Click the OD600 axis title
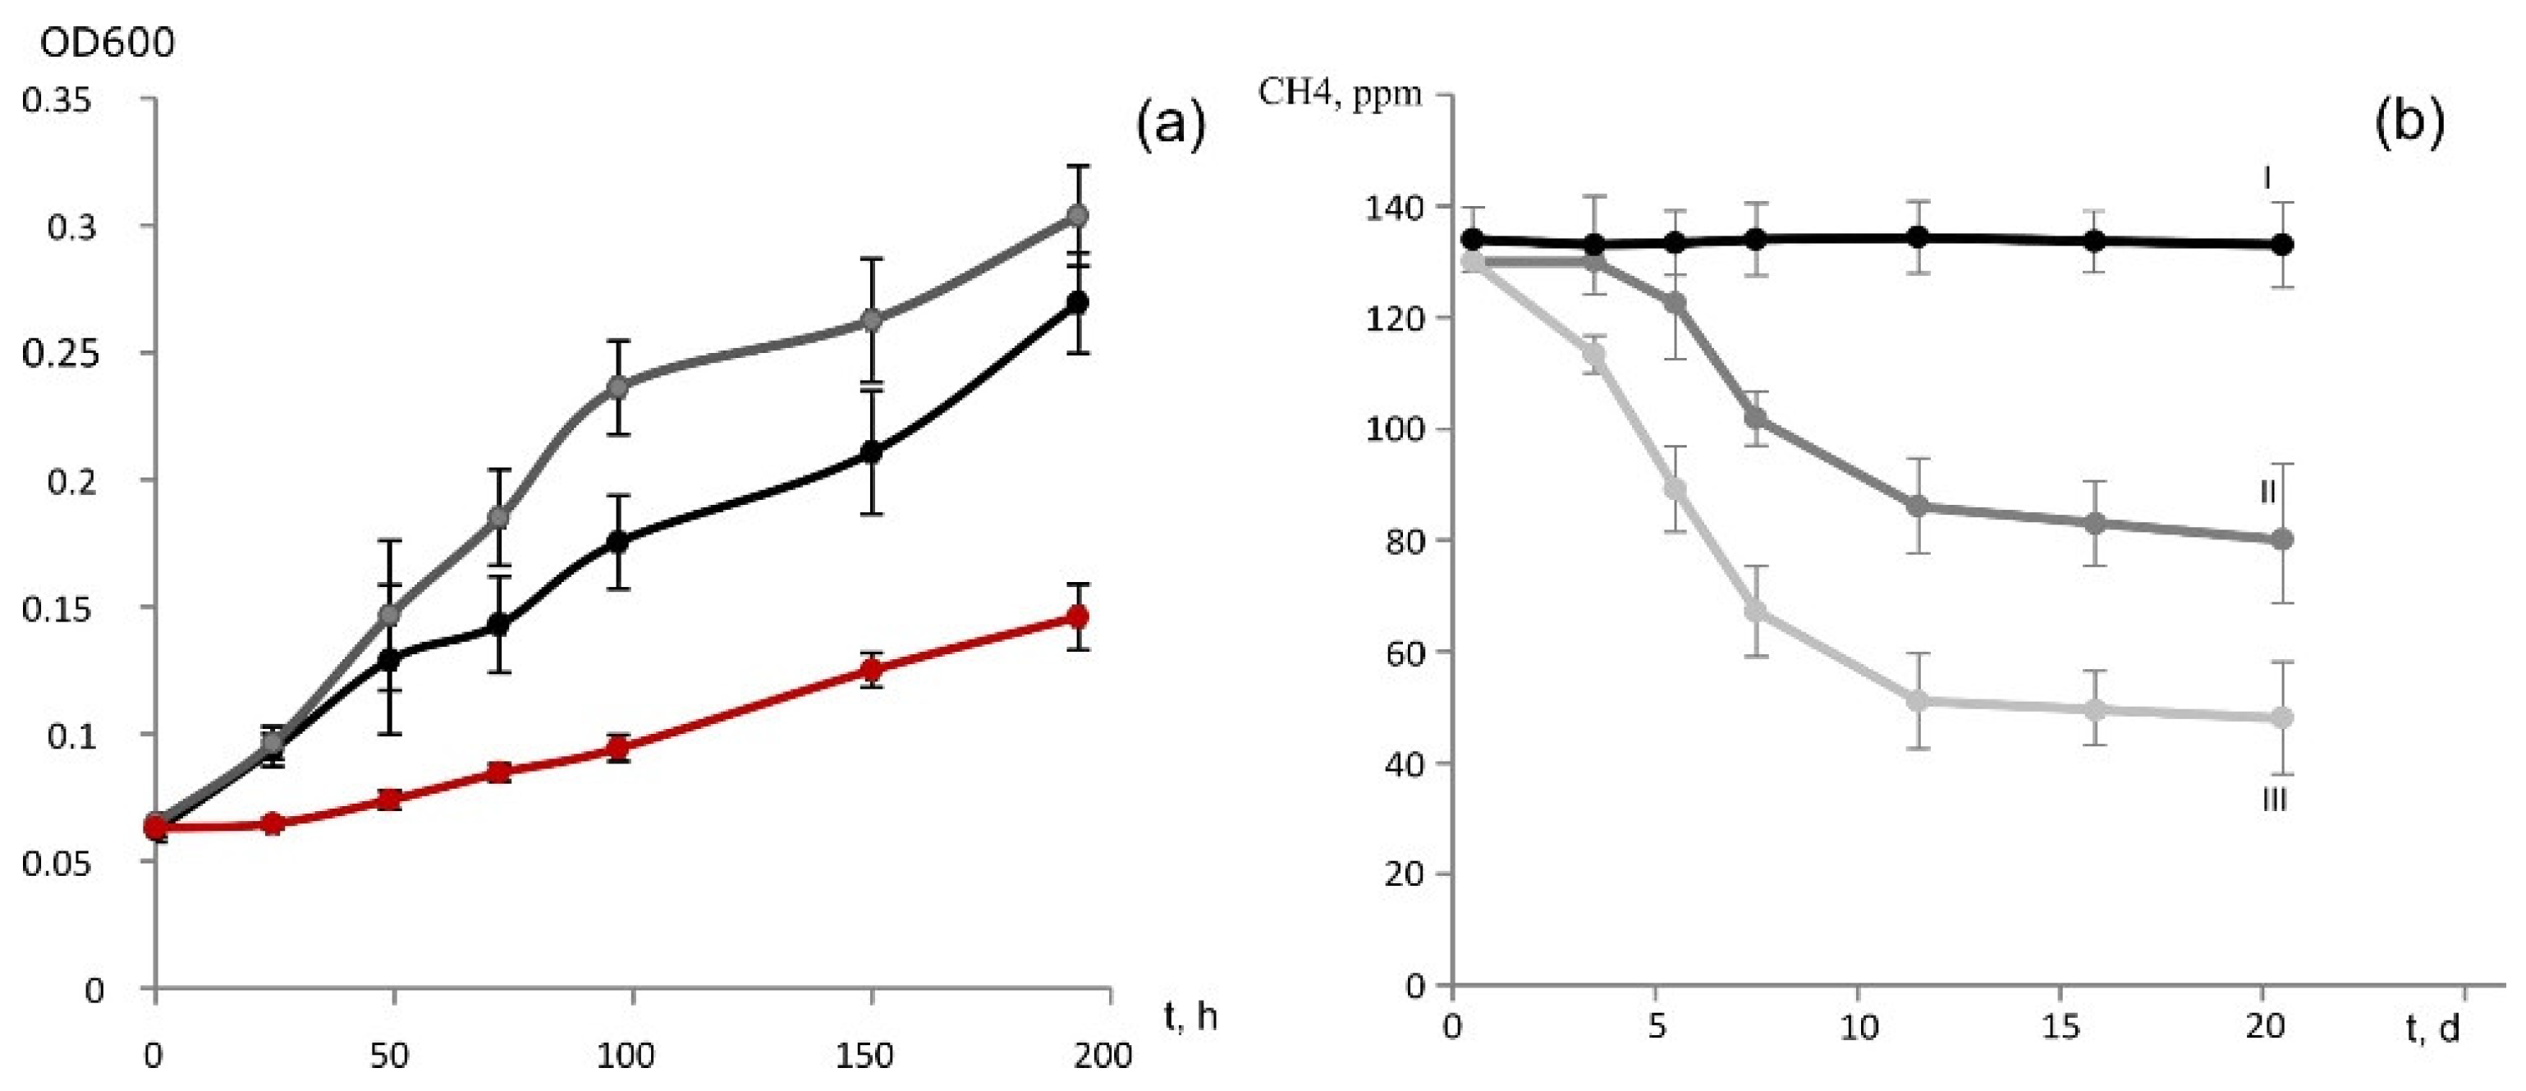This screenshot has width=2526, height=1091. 107,44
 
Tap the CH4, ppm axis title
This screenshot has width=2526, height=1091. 1340,94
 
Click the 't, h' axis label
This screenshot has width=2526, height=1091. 1190,1016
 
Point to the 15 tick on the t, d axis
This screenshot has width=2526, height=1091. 2062,1026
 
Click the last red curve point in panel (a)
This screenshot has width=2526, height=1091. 1078,616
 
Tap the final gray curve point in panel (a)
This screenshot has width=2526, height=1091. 1078,215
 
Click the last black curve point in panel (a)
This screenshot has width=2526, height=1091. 1078,302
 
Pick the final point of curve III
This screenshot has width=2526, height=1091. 2283,717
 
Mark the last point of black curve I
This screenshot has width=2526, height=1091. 2283,244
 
